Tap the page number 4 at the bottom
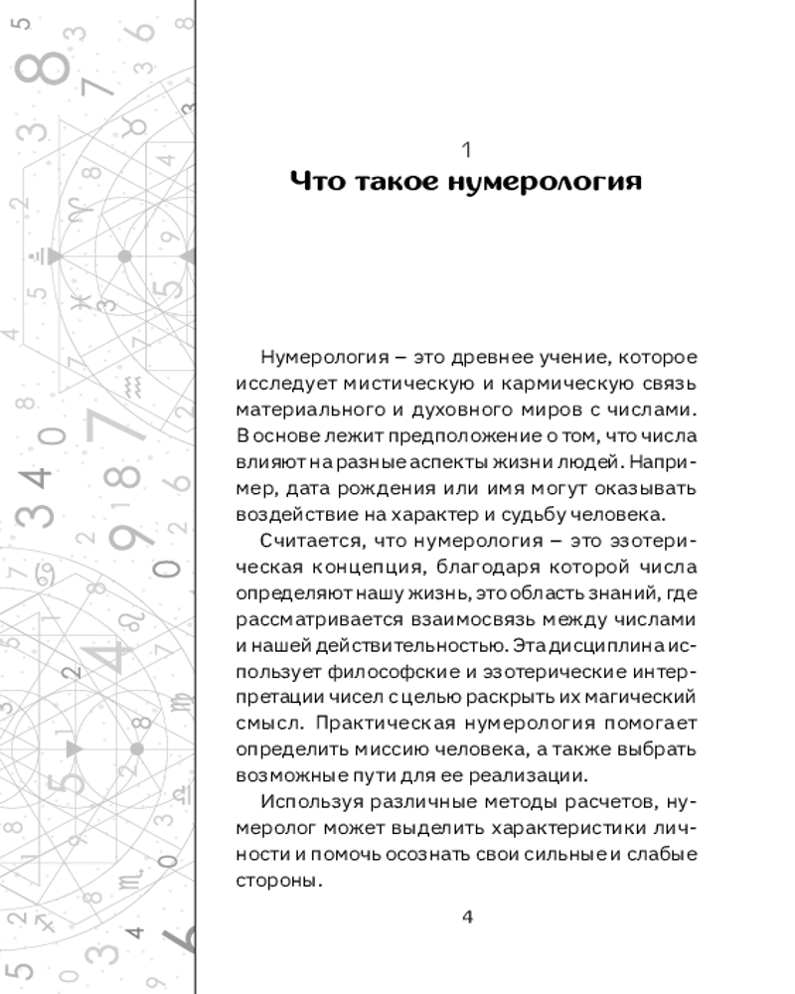pyautogui.click(x=468, y=915)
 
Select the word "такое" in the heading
pyautogui.click(x=392, y=183)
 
